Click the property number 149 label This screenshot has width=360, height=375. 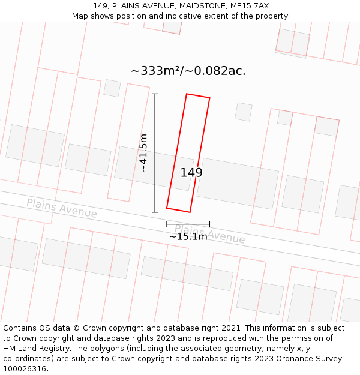pos(191,173)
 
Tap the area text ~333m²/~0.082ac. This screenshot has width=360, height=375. pos(188,71)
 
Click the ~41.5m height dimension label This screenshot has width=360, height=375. pos(143,153)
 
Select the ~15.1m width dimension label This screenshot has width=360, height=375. pos(188,236)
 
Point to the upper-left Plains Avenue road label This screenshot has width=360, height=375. pos(61,208)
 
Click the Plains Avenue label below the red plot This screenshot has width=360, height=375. pos(209,233)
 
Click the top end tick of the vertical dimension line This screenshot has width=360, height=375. pos(155,94)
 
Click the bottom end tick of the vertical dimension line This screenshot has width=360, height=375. pos(155,212)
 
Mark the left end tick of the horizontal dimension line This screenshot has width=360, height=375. pos(167,224)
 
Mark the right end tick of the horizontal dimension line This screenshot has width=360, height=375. pos(210,224)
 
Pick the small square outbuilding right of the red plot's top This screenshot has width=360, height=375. pos(243,112)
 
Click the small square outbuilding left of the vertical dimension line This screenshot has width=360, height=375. pos(112,88)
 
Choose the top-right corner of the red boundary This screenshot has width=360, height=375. pos(209,98)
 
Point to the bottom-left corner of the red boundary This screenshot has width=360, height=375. pos(167,208)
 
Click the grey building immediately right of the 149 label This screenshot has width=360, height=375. pos(238,184)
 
